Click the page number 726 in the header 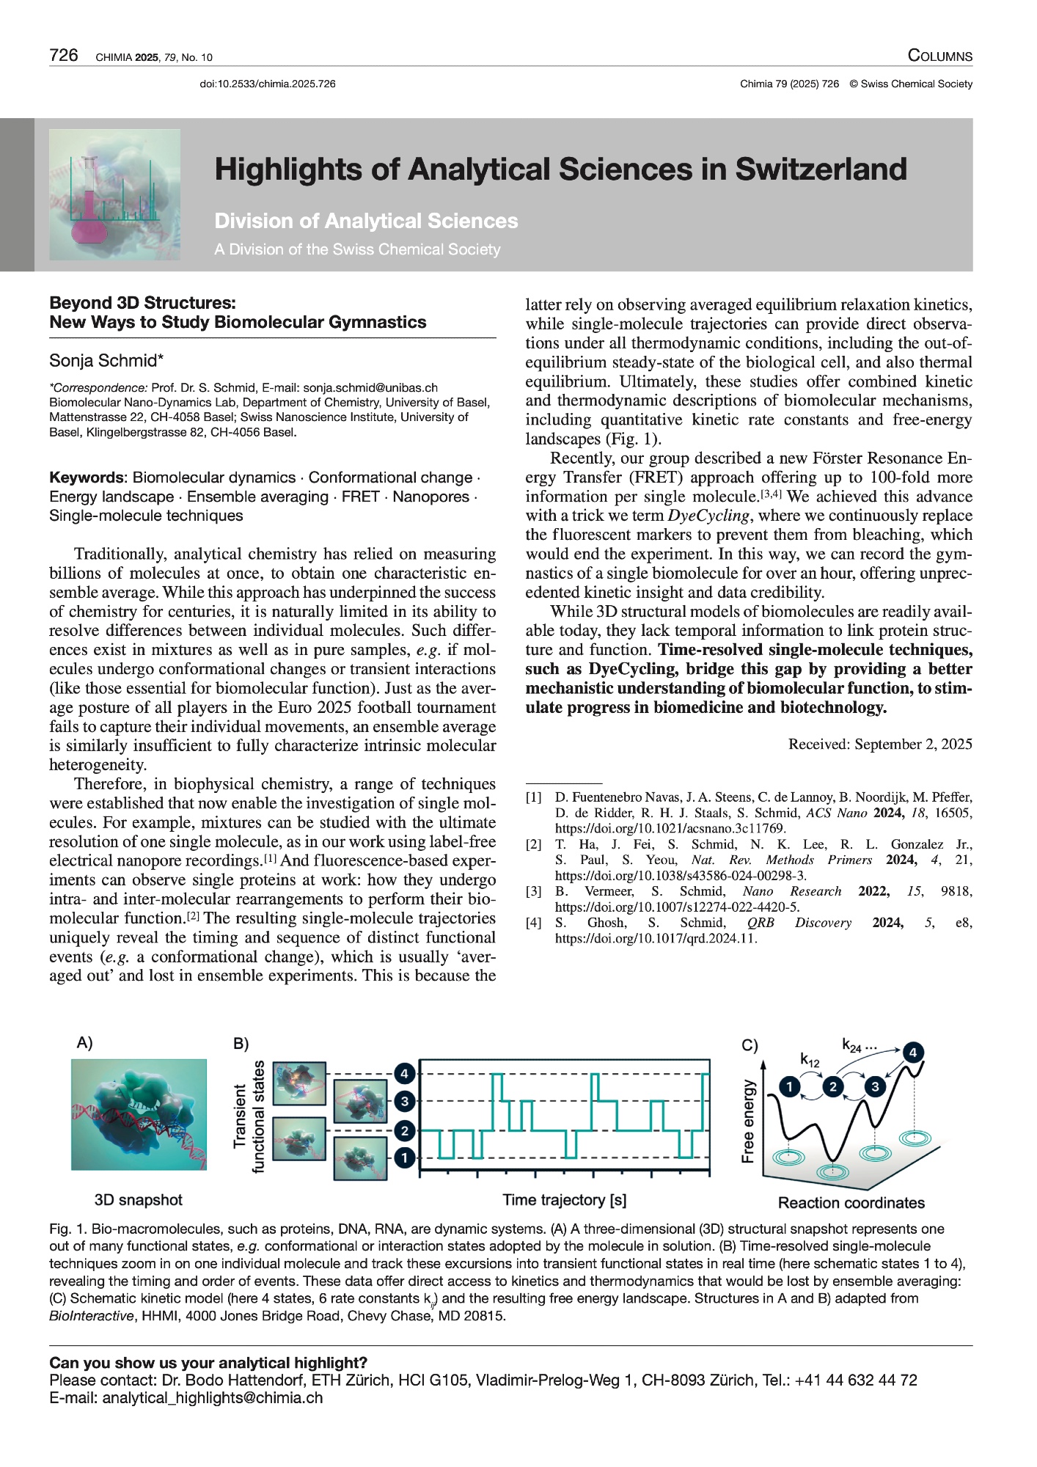click(64, 56)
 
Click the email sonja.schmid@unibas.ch click(370, 387)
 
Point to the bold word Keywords click(85, 478)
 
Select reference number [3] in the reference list click(533, 891)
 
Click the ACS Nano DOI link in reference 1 click(670, 828)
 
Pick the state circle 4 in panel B click(404, 1074)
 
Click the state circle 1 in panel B click(404, 1158)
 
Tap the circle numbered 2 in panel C click(833, 1086)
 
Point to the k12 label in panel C click(810, 1060)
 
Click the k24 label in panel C click(852, 1046)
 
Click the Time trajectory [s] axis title click(564, 1200)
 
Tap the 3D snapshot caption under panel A click(138, 1200)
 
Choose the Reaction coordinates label click(851, 1203)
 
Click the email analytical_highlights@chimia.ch click(213, 1397)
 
